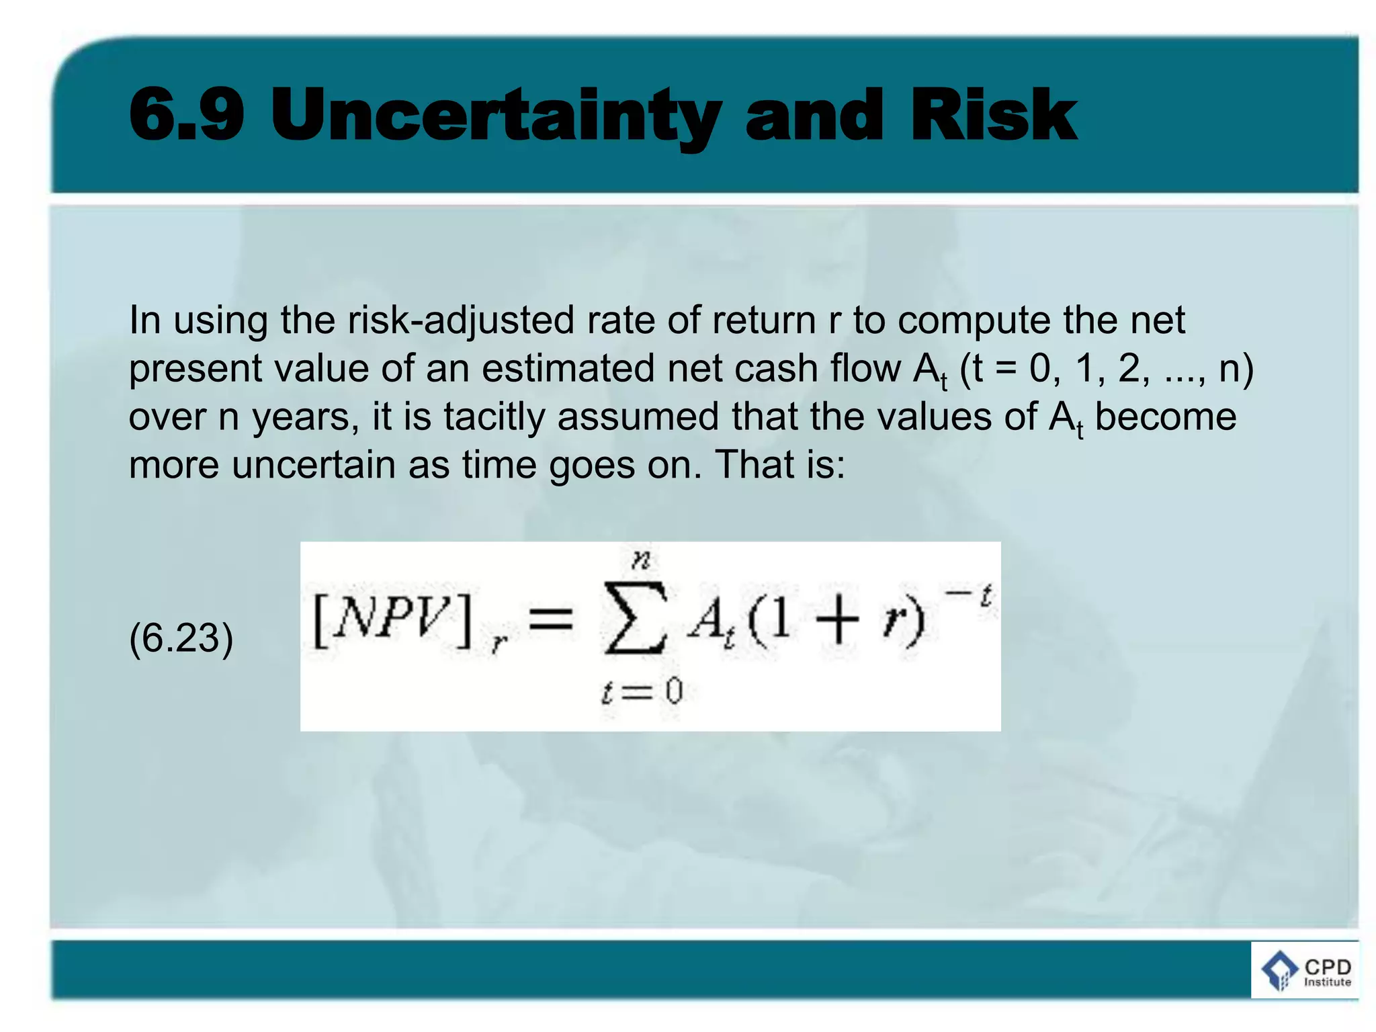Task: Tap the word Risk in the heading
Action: click(993, 116)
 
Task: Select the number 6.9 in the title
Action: click(186, 116)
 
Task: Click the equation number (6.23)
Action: click(181, 638)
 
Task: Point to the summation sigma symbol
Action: click(635, 618)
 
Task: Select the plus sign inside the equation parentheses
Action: click(838, 619)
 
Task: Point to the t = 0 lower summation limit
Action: click(642, 691)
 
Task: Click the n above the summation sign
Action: click(640, 559)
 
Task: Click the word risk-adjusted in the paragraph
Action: click(461, 320)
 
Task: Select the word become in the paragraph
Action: click(1166, 417)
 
